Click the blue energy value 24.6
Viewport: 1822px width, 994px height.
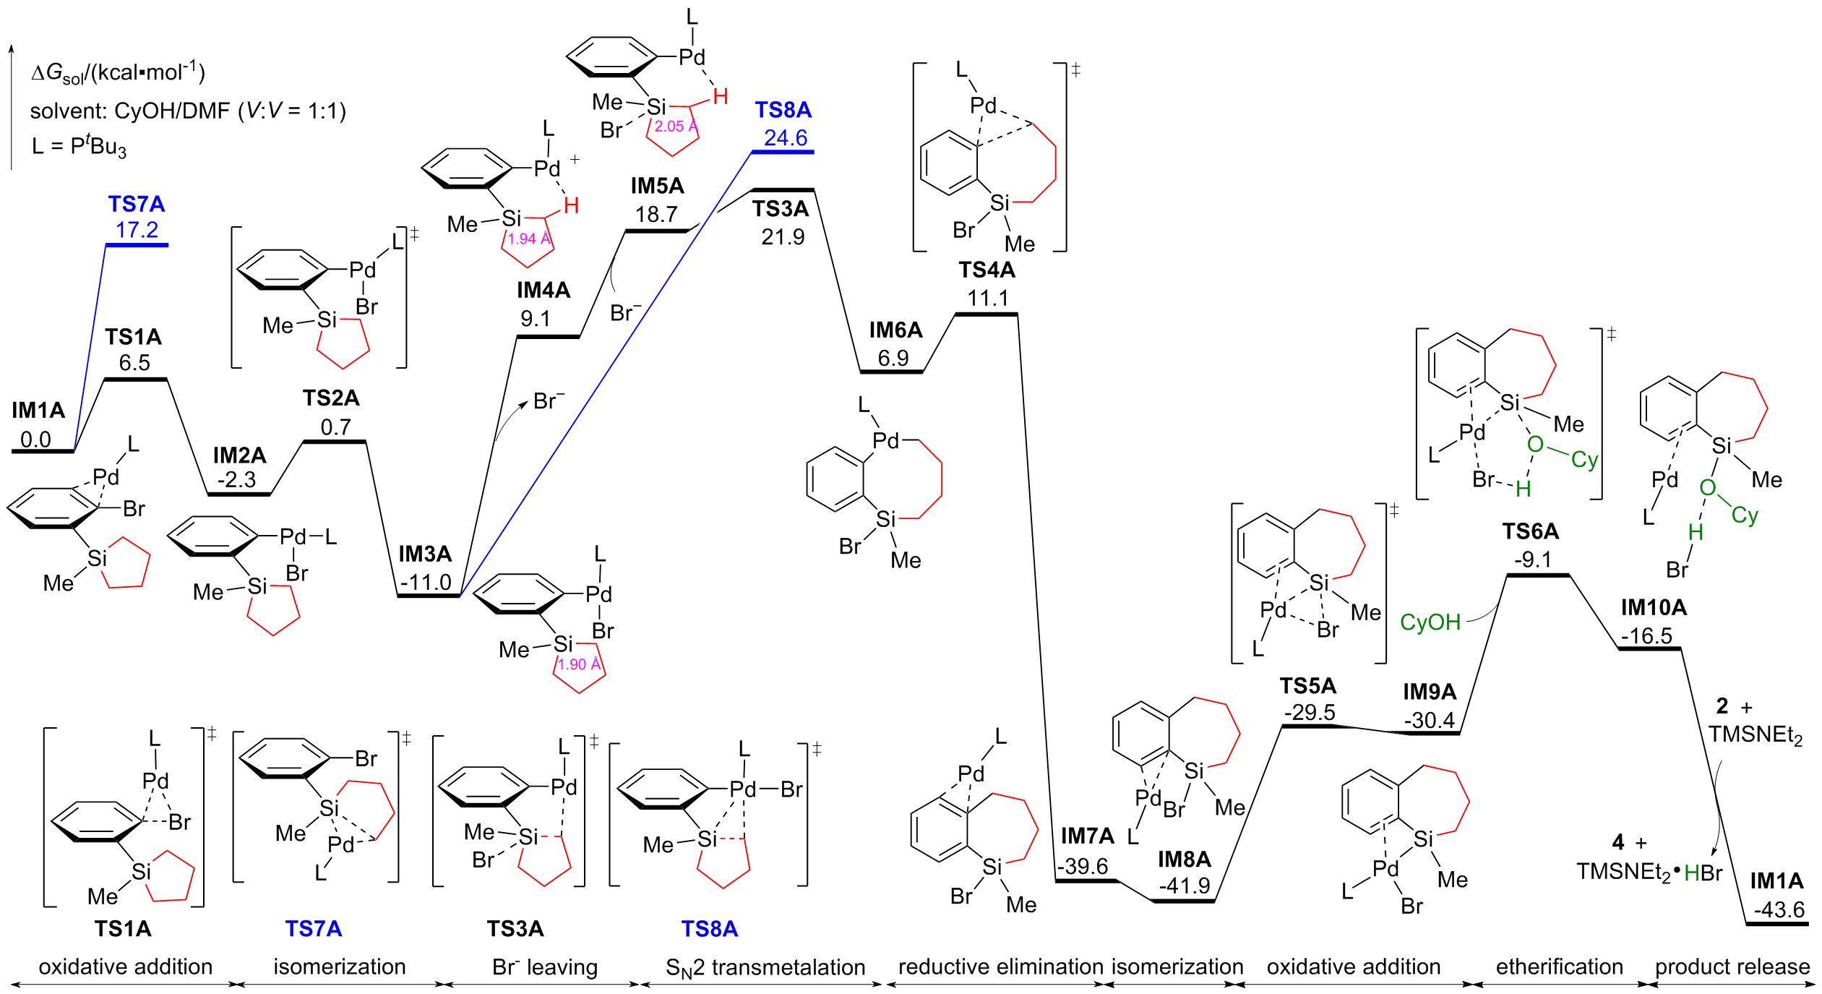786,137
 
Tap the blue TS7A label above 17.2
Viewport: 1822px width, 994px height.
137,204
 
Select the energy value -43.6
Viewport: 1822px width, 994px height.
1779,909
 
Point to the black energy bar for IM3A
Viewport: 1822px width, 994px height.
429,596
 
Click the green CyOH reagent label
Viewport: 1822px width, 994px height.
1430,622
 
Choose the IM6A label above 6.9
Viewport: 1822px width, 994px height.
895,330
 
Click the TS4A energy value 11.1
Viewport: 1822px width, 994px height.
988,298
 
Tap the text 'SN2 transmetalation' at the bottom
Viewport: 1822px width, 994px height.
765,967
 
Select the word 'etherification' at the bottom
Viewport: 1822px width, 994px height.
1559,967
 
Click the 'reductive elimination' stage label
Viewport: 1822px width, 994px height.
1000,967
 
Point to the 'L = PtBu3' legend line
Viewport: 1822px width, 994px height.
79,147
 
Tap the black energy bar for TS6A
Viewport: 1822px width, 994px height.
1538,575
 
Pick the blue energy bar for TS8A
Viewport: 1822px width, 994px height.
783,153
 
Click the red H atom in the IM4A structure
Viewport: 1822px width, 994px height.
571,206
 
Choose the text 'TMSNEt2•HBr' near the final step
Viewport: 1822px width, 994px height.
1649,873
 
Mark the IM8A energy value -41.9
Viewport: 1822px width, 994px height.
1184,886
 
